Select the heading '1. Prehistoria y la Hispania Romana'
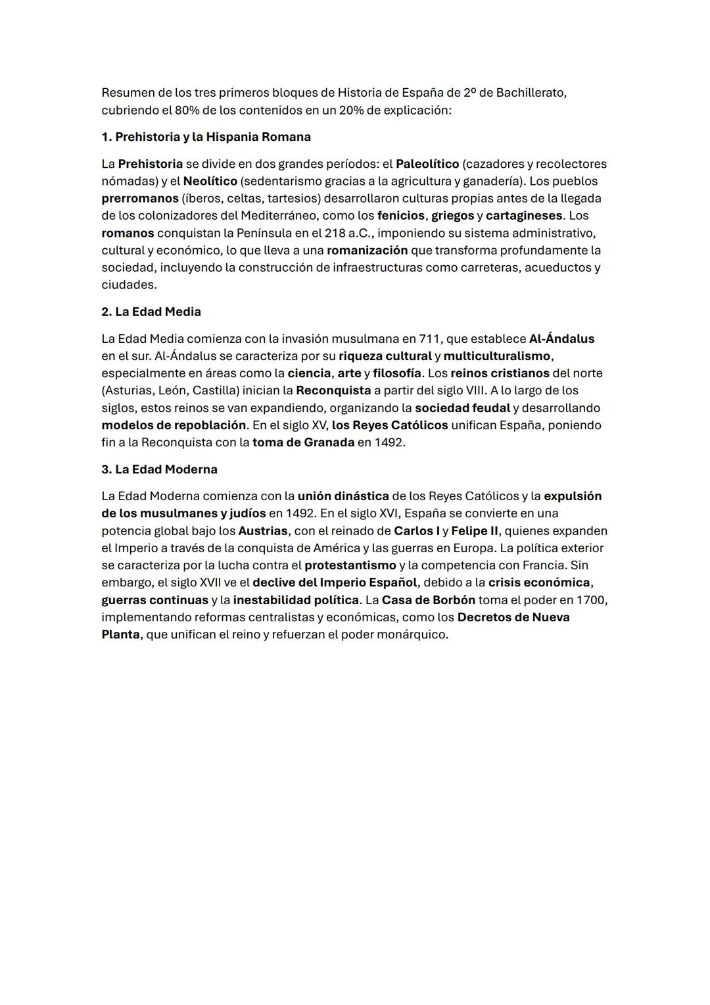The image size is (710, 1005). [x=206, y=137]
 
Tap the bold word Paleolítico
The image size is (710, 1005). [x=427, y=164]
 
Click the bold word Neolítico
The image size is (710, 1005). [x=210, y=181]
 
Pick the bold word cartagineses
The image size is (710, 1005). [x=524, y=216]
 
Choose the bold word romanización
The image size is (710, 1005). [x=367, y=250]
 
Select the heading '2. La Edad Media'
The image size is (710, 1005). [x=151, y=312]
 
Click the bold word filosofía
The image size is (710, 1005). [x=397, y=373]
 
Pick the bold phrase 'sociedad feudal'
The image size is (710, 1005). [x=462, y=408]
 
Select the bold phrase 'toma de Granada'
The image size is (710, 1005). [x=303, y=442]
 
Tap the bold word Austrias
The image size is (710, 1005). [x=263, y=530]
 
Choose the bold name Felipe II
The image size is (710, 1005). [x=475, y=530]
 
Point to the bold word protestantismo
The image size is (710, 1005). [x=350, y=565]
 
